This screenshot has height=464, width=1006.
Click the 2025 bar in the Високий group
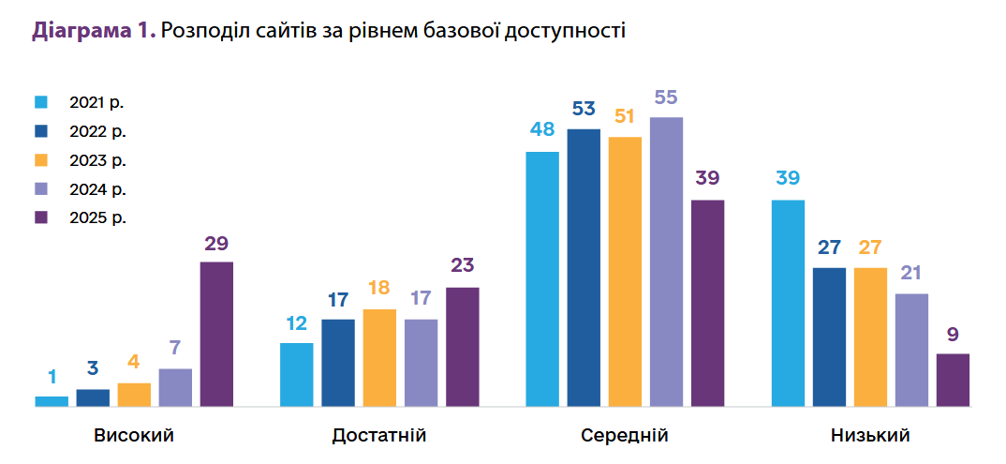(216, 335)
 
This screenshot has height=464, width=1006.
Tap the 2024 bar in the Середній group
(666, 262)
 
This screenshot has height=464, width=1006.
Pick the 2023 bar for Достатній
(379, 358)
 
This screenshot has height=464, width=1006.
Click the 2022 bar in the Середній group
(584, 268)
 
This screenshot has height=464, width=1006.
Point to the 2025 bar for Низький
(953, 381)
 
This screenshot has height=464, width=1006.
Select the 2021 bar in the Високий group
(52, 402)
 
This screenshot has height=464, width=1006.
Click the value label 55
(666, 97)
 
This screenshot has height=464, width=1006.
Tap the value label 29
(216, 244)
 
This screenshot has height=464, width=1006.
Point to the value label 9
(953, 335)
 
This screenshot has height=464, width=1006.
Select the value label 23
(462, 266)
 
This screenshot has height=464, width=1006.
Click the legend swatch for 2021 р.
(41, 101)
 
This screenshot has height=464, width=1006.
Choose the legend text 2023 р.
(96, 159)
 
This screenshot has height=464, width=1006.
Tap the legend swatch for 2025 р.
(41, 217)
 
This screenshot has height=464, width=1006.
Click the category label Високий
(134, 436)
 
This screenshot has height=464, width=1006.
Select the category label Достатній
(379, 436)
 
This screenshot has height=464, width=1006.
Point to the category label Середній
(625, 436)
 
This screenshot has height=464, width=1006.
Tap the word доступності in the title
(565, 31)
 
